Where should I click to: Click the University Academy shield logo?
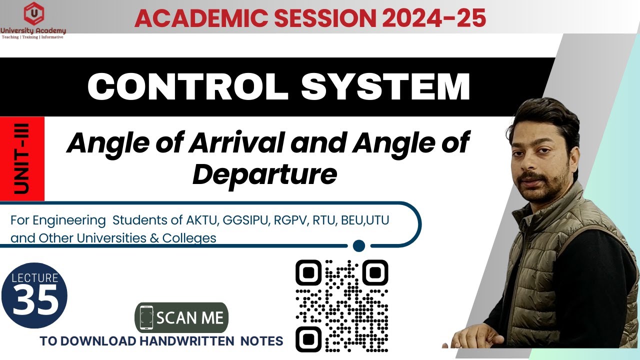pos(33,14)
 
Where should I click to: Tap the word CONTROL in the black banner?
pos(188,86)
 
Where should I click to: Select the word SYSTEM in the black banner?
pos(385,86)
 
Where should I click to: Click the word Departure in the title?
pos(264,174)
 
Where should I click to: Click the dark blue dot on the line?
pos(358,245)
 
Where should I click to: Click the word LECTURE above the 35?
pos(34,278)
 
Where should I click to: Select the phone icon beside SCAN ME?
pos(146,317)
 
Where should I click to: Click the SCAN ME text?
pos(190,318)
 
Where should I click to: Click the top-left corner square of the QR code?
pos(308,272)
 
